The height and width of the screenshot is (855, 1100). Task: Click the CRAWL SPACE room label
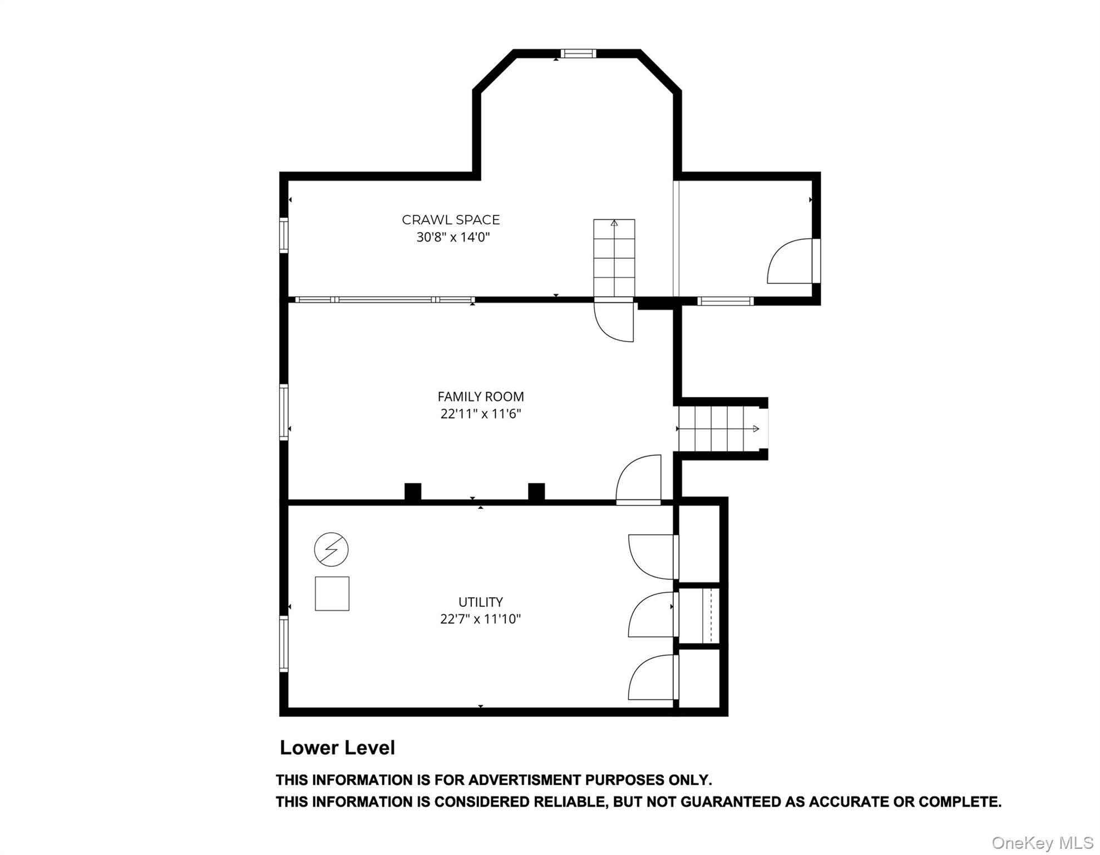pyautogui.click(x=451, y=220)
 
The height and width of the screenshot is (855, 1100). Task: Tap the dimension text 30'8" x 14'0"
pyautogui.click(x=453, y=238)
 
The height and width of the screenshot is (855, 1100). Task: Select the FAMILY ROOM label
pyautogui.click(x=481, y=397)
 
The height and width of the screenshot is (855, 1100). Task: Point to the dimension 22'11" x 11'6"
pyautogui.click(x=481, y=414)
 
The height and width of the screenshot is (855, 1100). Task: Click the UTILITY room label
pyautogui.click(x=481, y=602)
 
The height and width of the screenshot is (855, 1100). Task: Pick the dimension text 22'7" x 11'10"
pyautogui.click(x=481, y=619)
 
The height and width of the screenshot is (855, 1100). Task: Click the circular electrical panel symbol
pyautogui.click(x=331, y=550)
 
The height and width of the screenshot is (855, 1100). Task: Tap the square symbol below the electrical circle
pyautogui.click(x=332, y=594)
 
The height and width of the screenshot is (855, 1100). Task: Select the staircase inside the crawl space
pyautogui.click(x=614, y=258)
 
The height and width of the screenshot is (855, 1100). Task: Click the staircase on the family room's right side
pyautogui.click(x=718, y=429)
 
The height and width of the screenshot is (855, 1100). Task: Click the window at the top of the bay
pyautogui.click(x=578, y=54)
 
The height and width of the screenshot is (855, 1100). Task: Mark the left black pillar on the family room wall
pyautogui.click(x=412, y=492)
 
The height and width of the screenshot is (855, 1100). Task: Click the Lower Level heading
pyautogui.click(x=337, y=748)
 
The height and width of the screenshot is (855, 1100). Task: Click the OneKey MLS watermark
pyautogui.click(x=1042, y=843)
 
